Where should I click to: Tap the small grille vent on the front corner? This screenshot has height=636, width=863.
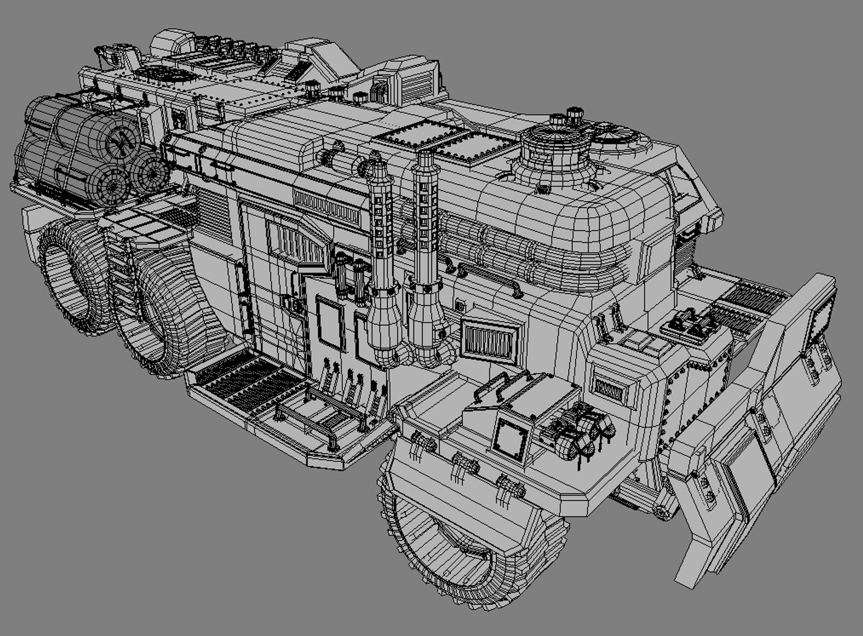tap(609, 389)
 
